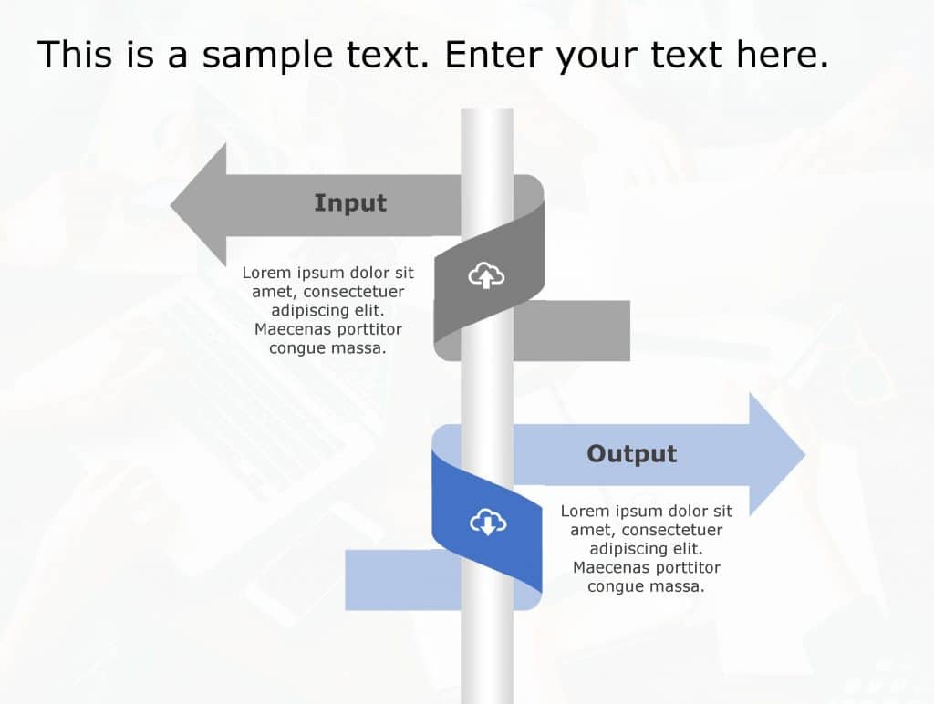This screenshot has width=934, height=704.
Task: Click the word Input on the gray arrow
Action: point(350,203)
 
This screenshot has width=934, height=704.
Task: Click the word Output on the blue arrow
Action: point(632,454)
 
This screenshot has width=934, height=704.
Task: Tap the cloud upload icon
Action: point(486,275)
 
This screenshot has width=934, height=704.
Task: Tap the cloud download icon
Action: point(488,523)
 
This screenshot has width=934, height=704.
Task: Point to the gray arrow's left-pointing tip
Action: point(171,205)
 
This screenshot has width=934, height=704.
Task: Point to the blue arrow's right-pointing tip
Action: point(805,454)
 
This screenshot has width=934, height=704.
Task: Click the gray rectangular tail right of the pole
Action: point(571,330)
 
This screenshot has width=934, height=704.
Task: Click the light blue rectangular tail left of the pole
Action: point(403,580)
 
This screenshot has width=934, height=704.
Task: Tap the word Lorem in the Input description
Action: point(267,273)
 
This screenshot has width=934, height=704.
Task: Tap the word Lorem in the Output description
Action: point(586,511)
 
